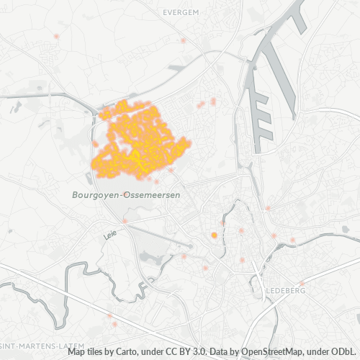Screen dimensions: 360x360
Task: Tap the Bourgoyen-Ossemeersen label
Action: click(126, 195)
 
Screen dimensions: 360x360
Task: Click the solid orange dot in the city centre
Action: click(214, 235)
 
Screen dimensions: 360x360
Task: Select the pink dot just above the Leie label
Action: click(125, 220)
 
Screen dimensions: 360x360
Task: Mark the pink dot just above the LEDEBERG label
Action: click(300, 283)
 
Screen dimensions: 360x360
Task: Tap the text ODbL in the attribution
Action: click(345, 353)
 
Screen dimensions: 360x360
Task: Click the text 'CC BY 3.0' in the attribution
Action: click(190, 353)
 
